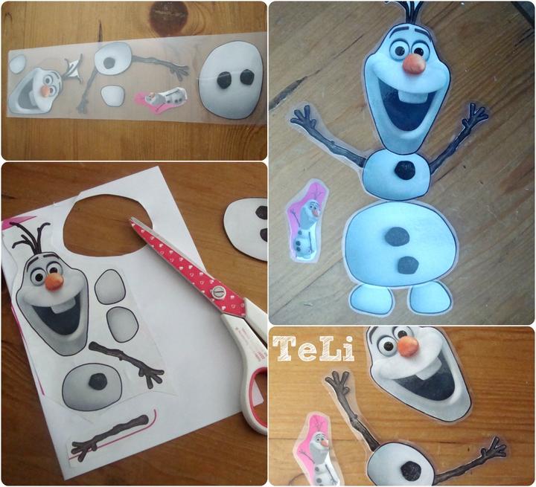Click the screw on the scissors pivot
click(x=217, y=292)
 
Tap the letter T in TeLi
click(x=284, y=348)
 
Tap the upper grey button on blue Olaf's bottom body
click(x=398, y=236)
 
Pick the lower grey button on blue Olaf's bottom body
click(x=408, y=265)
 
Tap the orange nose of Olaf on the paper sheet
click(x=54, y=282)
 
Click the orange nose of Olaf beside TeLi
click(x=409, y=346)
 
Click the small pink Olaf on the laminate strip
click(x=162, y=97)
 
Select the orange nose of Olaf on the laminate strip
click(x=45, y=91)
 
